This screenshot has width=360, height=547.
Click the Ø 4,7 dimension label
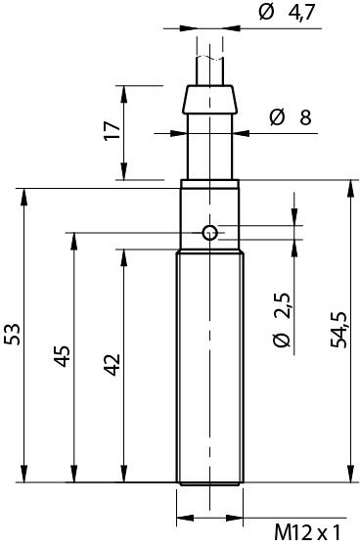(x=289, y=13)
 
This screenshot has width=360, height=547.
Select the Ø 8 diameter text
(x=291, y=118)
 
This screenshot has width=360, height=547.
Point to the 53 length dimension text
(x=13, y=334)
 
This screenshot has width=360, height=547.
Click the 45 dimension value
(x=61, y=356)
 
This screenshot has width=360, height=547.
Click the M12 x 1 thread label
(x=306, y=532)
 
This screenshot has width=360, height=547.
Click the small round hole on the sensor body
(x=209, y=232)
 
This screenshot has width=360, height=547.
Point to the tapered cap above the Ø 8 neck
(x=209, y=99)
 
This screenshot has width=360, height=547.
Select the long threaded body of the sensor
(x=209, y=367)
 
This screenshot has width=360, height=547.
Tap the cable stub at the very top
(x=209, y=64)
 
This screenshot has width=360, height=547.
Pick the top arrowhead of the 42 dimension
(x=121, y=255)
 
